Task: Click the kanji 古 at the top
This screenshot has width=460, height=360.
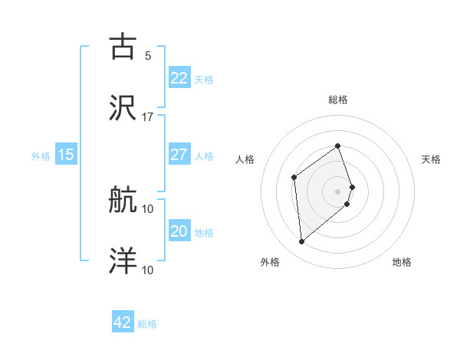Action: click(x=123, y=47)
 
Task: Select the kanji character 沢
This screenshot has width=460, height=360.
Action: click(x=123, y=108)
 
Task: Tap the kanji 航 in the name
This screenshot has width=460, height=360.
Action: click(x=123, y=201)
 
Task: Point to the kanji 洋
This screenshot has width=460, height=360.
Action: click(x=123, y=261)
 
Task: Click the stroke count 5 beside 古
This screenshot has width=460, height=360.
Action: click(x=147, y=56)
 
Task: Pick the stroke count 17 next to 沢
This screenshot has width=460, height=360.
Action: click(x=147, y=117)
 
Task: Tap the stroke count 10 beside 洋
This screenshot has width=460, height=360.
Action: click(x=147, y=270)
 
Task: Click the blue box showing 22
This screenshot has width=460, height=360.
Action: click(x=179, y=78)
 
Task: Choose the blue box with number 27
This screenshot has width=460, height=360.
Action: click(x=179, y=155)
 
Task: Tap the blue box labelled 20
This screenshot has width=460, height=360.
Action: click(x=179, y=231)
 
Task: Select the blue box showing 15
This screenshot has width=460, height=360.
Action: click(x=66, y=155)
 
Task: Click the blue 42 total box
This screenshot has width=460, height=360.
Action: click(x=123, y=322)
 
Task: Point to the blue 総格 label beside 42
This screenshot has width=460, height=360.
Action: click(x=147, y=324)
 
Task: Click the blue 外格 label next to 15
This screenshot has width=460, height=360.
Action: click(x=41, y=156)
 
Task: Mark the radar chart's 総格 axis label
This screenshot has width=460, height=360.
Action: click(x=338, y=100)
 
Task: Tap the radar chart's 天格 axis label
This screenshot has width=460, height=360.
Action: click(x=432, y=159)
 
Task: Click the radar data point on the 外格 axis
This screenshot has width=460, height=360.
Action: click(x=302, y=241)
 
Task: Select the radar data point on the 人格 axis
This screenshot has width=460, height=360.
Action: click(x=294, y=178)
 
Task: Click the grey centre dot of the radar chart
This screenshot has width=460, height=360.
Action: click(x=338, y=191)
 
